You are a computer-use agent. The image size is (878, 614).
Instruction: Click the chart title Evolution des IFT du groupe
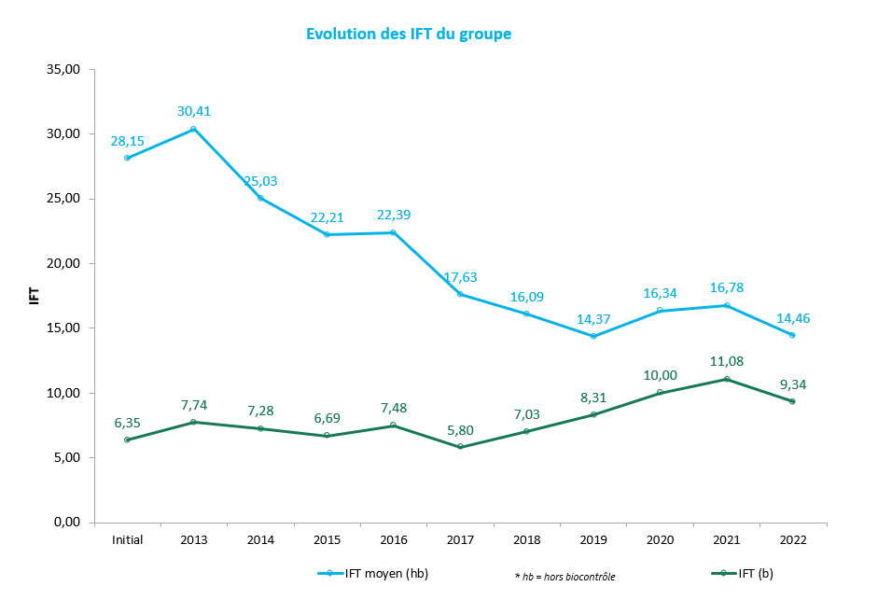coord(409,35)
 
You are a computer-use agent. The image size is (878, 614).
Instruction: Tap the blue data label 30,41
coord(194,111)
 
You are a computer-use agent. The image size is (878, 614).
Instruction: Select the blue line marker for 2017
coord(460,294)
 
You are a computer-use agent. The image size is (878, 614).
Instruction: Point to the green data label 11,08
coord(726,361)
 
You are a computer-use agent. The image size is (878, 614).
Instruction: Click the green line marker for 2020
coord(660,393)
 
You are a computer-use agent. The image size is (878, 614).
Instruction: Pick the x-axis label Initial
coord(127,540)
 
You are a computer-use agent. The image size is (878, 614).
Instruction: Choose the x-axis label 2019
coord(592,540)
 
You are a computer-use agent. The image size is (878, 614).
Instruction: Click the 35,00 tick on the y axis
coord(63,69)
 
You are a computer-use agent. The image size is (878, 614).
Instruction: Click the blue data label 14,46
coord(793,317)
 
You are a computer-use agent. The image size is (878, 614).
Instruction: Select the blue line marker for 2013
coord(193,129)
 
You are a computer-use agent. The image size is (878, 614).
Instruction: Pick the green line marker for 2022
coord(792,401)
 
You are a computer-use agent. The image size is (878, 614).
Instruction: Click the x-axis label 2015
coord(327,540)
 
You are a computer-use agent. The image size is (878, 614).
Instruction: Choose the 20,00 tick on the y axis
coord(63,263)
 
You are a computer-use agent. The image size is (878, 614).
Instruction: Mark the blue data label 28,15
coord(127,140)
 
